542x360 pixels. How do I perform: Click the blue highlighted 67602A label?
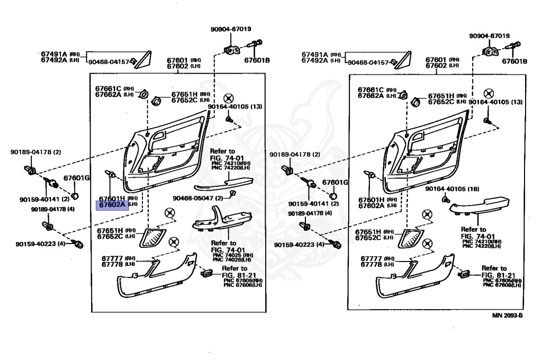pyautogui.click(x=112, y=204)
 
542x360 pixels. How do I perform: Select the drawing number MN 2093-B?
pyautogui.click(x=507, y=316)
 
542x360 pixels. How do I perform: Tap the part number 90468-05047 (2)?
pyautogui.click(x=195, y=198)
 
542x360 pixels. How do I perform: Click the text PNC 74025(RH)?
pyautogui.click(x=233, y=255)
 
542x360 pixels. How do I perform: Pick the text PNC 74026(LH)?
pyautogui.click(x=233, y=260)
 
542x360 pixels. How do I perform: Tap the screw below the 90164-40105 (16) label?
pyautogui.click(x=446, y=200)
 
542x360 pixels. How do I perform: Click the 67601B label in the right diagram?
pyautogui.click(x=514, y=61)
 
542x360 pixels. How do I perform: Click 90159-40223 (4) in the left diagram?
pyautogui.click(x=40, y=244)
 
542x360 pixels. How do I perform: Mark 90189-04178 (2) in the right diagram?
pyautogui.click(x=295, y=154)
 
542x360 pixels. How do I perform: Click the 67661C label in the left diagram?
pyautogui.click(x=109, y=88)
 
